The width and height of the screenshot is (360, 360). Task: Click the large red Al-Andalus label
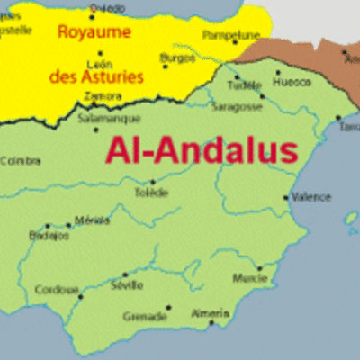[202, 149]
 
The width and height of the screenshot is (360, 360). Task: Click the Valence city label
[312, 196]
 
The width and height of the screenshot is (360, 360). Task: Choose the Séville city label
[126, 285]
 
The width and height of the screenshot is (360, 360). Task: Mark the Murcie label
[249, 278]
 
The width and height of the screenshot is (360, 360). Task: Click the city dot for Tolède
[153, 182]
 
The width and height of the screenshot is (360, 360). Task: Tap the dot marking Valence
[287, 197]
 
